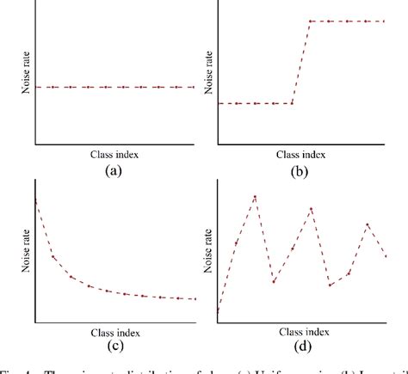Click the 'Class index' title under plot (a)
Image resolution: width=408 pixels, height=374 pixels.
pyautogui.click(x=114, y=155)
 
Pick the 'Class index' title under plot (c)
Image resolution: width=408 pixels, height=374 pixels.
pyautogui.click(x=114, y=331)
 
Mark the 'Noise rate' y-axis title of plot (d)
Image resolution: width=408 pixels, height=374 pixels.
pyautogui.click(x=207, y=249)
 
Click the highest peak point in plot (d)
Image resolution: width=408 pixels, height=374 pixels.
pyautogui.click(x=255, y=197)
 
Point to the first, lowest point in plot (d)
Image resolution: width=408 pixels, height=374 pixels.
pyautogui.click(x=218, y=310)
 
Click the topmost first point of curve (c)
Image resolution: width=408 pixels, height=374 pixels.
pyautogui.click(x=36, y=200)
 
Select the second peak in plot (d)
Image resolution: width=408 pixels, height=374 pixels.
pyautogui.click(x=312, y=208)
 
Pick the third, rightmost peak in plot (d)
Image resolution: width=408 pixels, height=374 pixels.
pyautogui.click(x=368, y=224)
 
